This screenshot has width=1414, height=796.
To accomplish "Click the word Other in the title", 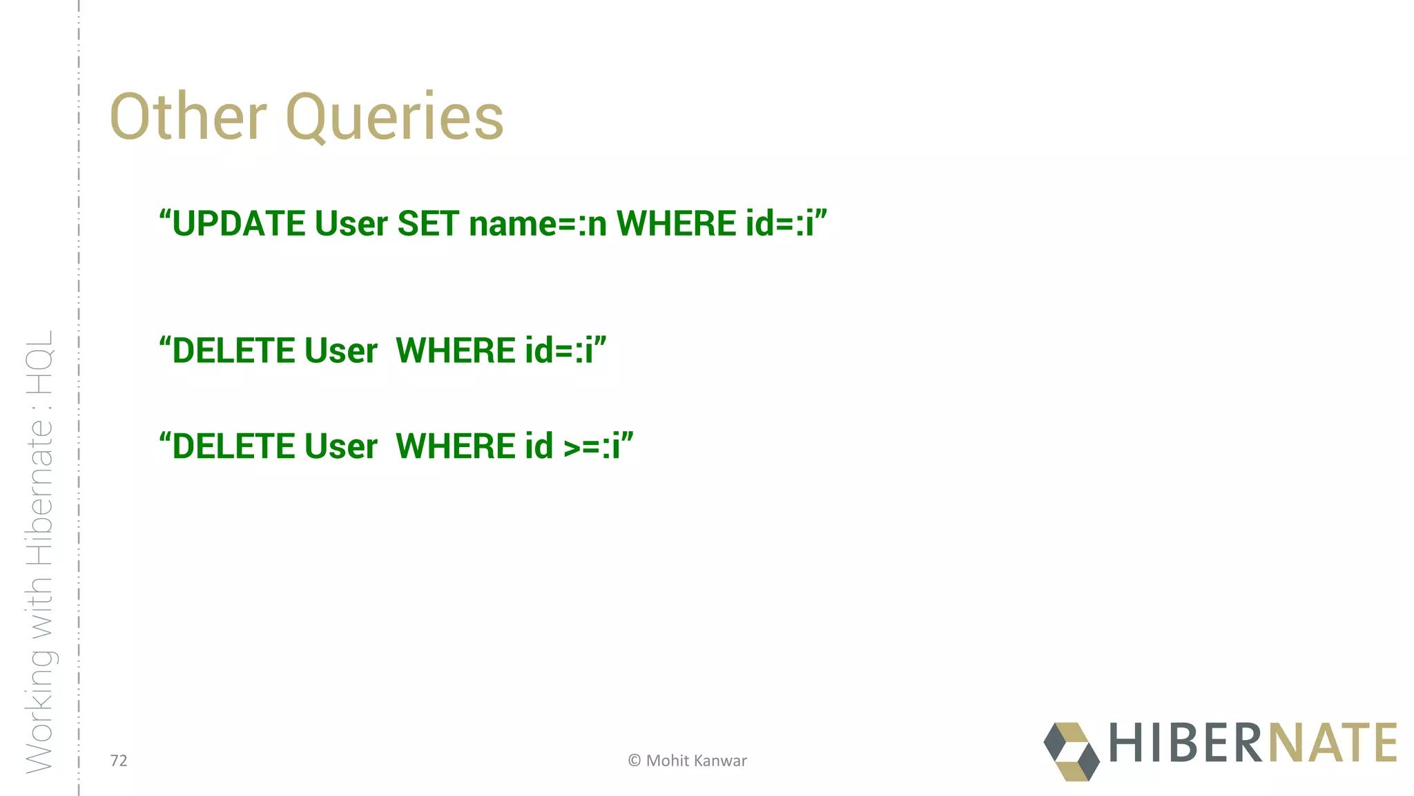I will click(188, 117).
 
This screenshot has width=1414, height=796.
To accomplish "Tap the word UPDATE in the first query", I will click(238, 224).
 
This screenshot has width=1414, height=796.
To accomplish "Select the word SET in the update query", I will click(428, 224).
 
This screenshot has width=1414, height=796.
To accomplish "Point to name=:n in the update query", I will click(538, 224).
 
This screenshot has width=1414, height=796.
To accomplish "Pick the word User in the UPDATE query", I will click(351, 224).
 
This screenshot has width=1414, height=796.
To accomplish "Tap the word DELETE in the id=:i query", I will click(233, 350).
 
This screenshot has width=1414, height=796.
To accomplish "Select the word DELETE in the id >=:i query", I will click(233, 446).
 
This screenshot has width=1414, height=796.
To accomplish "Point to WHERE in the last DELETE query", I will click(455, 446).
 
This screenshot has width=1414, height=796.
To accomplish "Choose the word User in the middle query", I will click(341, 350).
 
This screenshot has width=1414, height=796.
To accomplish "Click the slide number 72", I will click(119, 761).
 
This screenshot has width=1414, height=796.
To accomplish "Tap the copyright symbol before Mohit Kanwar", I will click(634, 761).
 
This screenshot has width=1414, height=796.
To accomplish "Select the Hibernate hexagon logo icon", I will click(1071, 752).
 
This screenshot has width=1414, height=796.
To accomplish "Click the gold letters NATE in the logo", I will click(1333, 743).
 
